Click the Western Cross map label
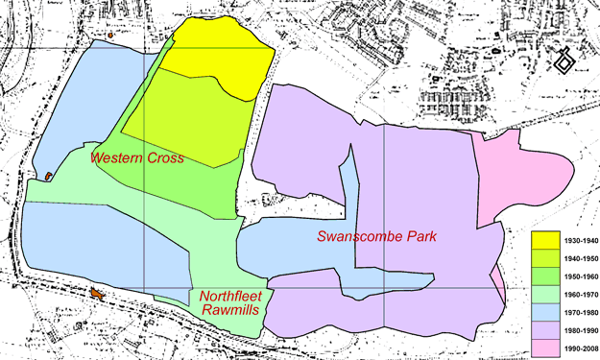[x=137, y=157]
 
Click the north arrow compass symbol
[x=564, y=62]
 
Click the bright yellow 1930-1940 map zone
[x=211, y=48]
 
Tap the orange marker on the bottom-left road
[x=96, y=293]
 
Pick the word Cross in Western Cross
[x=165, y=157]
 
